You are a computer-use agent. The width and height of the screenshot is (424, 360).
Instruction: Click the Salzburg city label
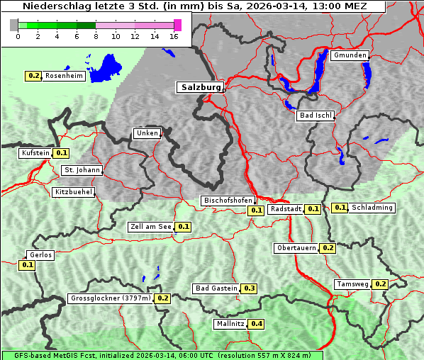coord(199,87)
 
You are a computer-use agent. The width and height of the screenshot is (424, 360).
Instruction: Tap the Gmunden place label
coord(349,55)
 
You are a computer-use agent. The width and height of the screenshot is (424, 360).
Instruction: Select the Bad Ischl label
coord(314,116)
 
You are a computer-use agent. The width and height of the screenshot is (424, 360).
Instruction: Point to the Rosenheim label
coord(64,75)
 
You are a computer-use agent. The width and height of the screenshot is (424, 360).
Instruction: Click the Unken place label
coord(146,133)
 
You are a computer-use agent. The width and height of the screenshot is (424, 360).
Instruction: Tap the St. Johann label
coord(82,170)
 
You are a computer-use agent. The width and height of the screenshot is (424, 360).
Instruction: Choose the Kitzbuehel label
coord(73,192)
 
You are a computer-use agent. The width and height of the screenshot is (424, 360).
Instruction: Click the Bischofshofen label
coord(228,201)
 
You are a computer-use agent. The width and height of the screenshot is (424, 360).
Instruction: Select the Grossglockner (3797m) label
coord(110,298)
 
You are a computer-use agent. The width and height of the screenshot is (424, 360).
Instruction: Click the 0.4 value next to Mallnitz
coord(257,324)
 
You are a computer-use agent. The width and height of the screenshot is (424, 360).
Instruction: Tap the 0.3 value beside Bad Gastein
coord(250,288)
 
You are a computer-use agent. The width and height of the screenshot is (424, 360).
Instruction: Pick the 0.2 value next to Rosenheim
coord(33,75)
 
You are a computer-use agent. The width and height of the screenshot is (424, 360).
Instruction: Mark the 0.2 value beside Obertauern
coord(328,248)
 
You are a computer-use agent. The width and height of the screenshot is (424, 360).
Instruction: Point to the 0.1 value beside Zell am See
coord(183,227)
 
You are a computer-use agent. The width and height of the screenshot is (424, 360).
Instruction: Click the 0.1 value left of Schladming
coord(340,208)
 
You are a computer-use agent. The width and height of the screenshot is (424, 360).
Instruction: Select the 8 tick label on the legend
coord(96,37)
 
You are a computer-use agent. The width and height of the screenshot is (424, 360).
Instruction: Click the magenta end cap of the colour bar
coord(177,25)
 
